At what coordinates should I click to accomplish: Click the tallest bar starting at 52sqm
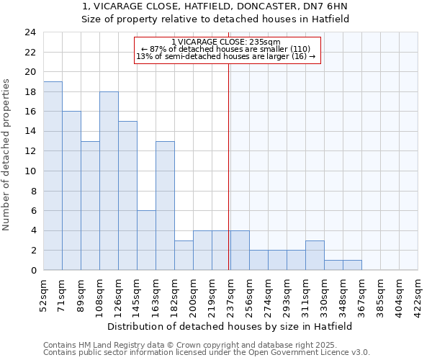coord(53,176)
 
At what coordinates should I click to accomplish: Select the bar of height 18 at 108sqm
coord(109,181)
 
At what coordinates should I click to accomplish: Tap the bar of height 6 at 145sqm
coord(146,240)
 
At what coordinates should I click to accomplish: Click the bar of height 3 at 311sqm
coord(315,256)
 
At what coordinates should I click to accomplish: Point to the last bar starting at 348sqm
coord(352,265)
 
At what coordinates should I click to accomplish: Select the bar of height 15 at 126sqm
coord(127,196)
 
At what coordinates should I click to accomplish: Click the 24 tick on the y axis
coord(30,32)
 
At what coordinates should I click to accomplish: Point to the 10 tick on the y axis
coord(30,171)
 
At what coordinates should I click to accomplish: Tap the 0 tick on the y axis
coord(32,271)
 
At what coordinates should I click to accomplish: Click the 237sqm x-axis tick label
coord(230,294)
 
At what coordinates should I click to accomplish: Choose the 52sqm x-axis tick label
coord(43,294)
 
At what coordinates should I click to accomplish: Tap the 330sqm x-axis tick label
coord(324,294)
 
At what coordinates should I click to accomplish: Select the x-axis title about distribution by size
coord(230,326)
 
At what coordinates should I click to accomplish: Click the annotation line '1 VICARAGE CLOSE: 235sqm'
coord(226,42)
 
